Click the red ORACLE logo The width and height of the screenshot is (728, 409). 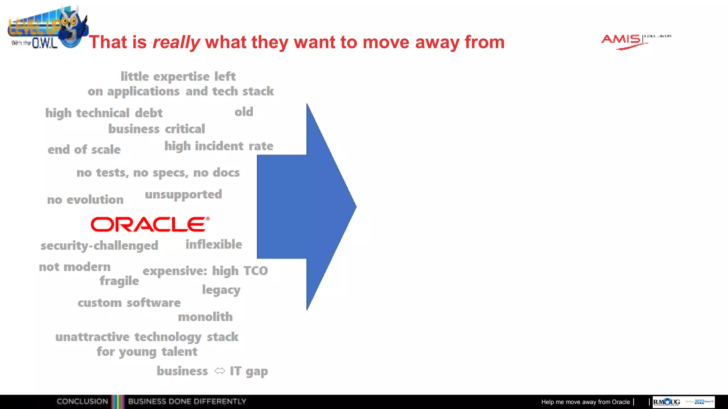coord(150,224)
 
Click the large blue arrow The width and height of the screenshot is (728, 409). coord(306,207)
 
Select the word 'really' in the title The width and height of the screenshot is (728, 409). coord(176,42)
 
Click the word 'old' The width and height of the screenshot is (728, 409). coord(244,112)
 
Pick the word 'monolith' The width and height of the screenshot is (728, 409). coord(205,317)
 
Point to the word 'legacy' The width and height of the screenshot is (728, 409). coord(221,290)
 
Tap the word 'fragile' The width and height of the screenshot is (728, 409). coord(119,281)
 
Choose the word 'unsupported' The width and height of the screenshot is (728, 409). coord(183,195)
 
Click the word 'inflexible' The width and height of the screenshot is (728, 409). coord(214,244)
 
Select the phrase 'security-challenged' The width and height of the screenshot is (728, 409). coord(99,246)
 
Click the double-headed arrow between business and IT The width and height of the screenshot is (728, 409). coord(220,371)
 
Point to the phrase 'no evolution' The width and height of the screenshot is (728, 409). coord(85,200)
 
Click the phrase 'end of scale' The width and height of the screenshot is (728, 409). coord(84,149)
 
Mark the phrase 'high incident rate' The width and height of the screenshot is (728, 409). coord(219,146)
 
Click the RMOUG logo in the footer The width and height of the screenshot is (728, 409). coord(667,402)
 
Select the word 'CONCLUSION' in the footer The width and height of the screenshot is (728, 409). coord(82,402)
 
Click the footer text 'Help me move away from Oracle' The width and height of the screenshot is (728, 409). coord(585,402)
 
